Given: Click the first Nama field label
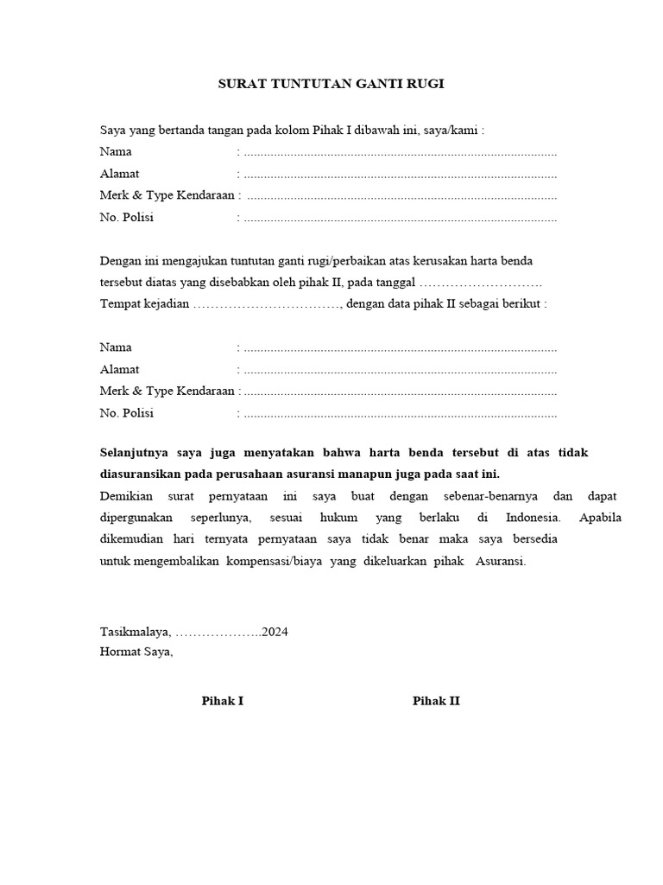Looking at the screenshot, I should coord(116,152).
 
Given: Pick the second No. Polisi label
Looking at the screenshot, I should coord(126,413).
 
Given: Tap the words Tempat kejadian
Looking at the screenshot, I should coord(144,304).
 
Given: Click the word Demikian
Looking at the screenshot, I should coord(126,497).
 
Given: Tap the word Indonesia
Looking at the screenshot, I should coord(532,519).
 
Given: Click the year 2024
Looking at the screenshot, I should coord(275,632).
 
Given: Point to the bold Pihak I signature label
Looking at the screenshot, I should coord(223,701).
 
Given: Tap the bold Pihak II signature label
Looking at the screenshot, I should coord(436,701).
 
